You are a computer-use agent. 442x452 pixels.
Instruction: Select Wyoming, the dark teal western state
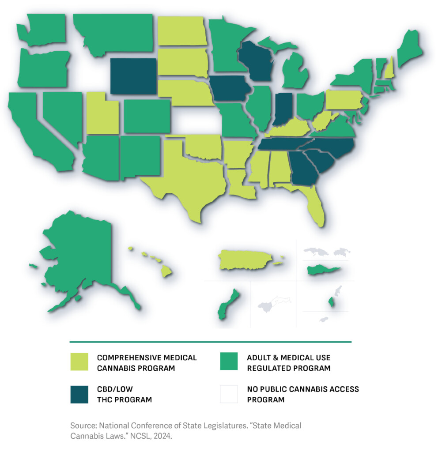click(133, 76)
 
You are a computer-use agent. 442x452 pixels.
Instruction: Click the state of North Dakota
click(182, 31)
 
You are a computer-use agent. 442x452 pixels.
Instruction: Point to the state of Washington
click(44, 29)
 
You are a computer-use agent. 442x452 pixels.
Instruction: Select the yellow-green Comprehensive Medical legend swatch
click(79, 362)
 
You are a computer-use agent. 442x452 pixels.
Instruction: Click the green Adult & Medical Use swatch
click(229, 362)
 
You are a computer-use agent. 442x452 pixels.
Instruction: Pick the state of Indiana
click(282, 108)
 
